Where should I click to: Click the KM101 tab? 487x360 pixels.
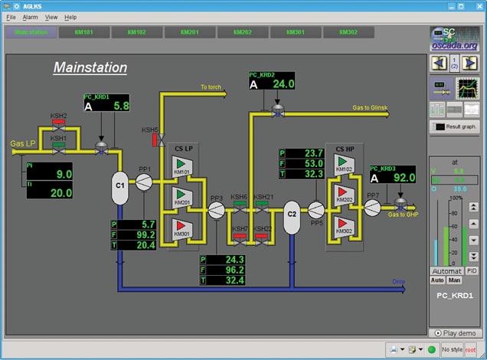84,32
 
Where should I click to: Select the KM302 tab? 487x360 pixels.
348,32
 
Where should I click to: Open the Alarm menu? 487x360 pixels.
30,17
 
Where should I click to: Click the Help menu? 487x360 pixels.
70,17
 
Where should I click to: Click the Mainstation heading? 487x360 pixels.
90,67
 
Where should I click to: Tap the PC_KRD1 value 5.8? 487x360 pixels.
121,106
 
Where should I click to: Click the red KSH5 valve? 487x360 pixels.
155,140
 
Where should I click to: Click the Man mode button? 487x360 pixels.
455,280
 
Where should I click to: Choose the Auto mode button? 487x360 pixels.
438,280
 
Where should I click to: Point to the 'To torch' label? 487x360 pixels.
211,87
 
